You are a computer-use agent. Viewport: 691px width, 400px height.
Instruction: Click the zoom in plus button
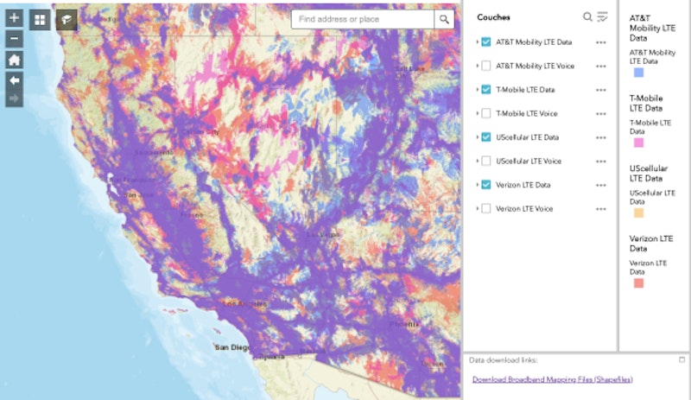click(x=14, y=18)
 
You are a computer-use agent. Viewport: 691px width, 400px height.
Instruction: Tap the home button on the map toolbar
click(x=14, y=60)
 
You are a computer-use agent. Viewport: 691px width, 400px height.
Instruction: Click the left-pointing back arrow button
click(x=14, y=79)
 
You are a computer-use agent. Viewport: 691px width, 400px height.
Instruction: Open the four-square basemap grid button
click(x=40, y=20)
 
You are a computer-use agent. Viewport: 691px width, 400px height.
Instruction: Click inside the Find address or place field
click(x=363, y=19)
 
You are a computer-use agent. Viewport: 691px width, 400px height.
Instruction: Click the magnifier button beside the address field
click(x=444, y=19)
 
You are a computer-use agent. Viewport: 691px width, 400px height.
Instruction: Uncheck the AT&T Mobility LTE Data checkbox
click(x=486, y=41)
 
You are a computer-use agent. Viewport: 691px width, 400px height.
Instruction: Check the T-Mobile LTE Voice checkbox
click(x=486, y=113)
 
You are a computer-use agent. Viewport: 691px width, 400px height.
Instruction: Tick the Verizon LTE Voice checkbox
click(x=486, y=208)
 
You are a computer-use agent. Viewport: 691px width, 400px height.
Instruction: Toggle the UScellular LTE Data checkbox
click(x=486, y=137)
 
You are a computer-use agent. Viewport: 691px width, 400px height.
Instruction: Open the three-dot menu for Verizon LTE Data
click(x=601, y=185)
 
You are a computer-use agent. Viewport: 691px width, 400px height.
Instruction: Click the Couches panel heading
click(x=493, y=17)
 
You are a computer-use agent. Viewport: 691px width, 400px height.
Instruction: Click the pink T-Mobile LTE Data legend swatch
click(x=638, y=143)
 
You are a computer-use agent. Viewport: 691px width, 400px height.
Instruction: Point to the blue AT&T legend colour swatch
click(x=638, y=73)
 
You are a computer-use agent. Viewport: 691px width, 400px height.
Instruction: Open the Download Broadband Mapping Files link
click(x=550, y=379)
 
